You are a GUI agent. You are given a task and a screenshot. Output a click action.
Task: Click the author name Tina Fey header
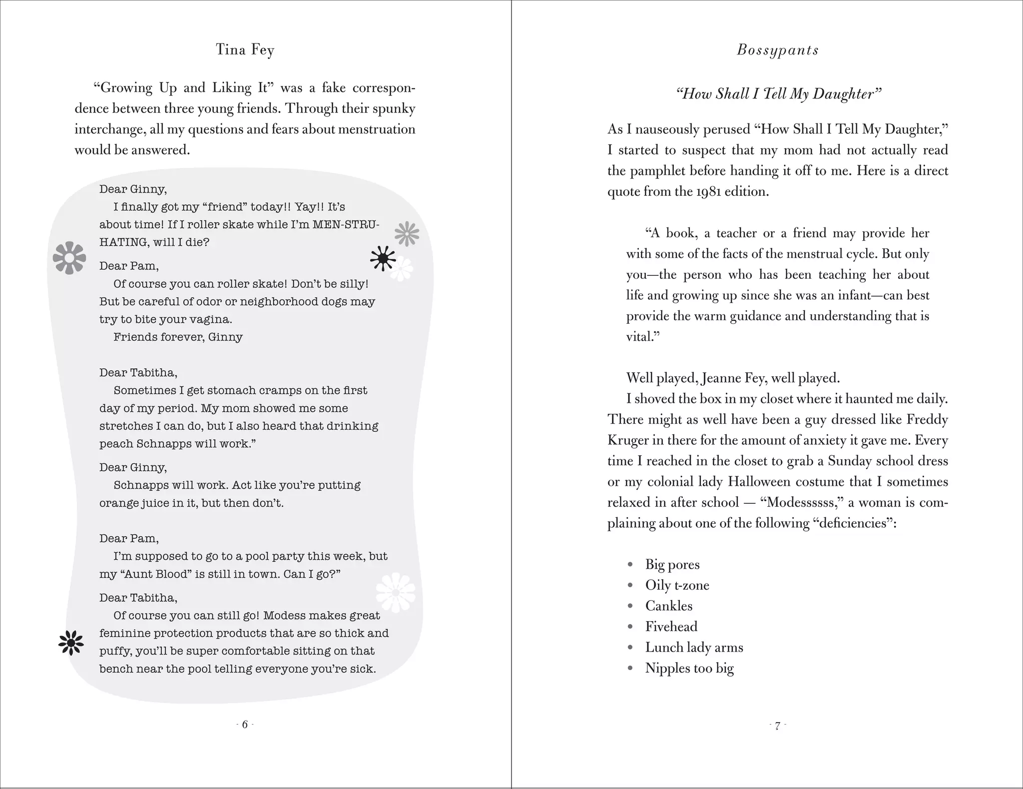(x=245, y=50)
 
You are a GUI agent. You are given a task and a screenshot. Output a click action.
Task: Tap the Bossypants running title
(x=778, y=50)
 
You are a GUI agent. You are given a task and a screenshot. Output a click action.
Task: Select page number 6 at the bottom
(x=245, y=725)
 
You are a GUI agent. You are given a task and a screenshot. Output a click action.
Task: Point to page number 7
(x=777, y=726)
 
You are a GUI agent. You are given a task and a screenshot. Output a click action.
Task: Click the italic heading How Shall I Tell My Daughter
(x=778, y=94)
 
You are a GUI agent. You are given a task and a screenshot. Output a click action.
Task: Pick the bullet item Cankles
(x=669, y=606)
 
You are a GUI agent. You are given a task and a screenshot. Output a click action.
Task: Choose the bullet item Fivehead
(x=671, y=627)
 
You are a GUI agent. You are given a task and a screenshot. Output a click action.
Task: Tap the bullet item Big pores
(x=672, y=565)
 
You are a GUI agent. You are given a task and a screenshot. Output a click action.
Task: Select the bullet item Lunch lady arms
(x=694, y=648)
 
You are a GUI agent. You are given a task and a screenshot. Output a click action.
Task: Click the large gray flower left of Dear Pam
(x=69, y=258)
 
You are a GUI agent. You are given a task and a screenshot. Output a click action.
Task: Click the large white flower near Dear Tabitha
(x=395, y=593)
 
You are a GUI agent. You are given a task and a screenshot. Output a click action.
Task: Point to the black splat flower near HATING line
(x=383, y=258)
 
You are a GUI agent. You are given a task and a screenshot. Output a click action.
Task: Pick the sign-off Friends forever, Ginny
(x=178, y=337)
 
